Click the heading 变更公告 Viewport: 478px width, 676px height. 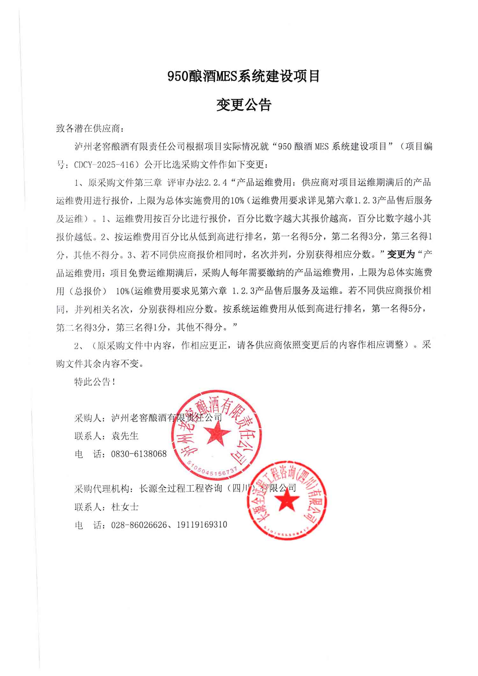[x=244, y=105]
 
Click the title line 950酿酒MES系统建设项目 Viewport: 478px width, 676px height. [x=244, y=77]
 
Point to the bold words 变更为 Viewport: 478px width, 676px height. [x=401, y=254]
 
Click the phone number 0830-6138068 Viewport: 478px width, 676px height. [x=139, y=454]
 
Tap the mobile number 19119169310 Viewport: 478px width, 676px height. [x=201, y=525]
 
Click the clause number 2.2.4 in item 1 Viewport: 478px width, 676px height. [x=215, y=182]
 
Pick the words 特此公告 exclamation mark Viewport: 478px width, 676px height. [x=113, y=382]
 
